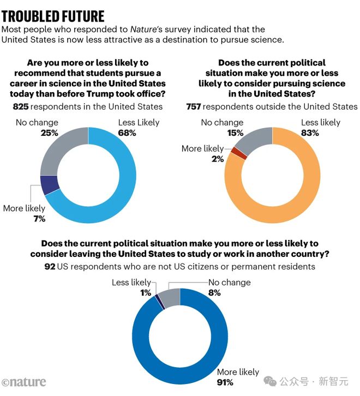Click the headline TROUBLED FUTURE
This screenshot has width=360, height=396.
tap(53, 16)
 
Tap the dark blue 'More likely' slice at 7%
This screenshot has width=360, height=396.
tap(50, 185)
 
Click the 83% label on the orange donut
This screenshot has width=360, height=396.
tap(310, 133)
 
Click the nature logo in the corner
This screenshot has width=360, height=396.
tap(23, 382)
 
